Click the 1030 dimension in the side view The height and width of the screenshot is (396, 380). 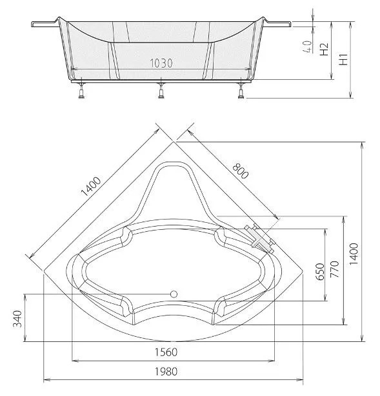point(161,63)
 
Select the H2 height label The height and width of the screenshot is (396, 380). point(324,49)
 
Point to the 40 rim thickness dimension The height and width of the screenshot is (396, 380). point(308,47)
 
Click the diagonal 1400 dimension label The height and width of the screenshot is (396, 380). point(90,187)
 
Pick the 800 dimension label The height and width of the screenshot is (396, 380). point(241,171)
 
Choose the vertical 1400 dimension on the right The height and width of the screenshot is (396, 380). point(354,254)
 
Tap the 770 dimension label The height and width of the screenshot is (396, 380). point(334,269)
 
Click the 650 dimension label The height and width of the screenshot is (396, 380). point(320,272)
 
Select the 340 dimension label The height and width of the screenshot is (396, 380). point(17,319)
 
